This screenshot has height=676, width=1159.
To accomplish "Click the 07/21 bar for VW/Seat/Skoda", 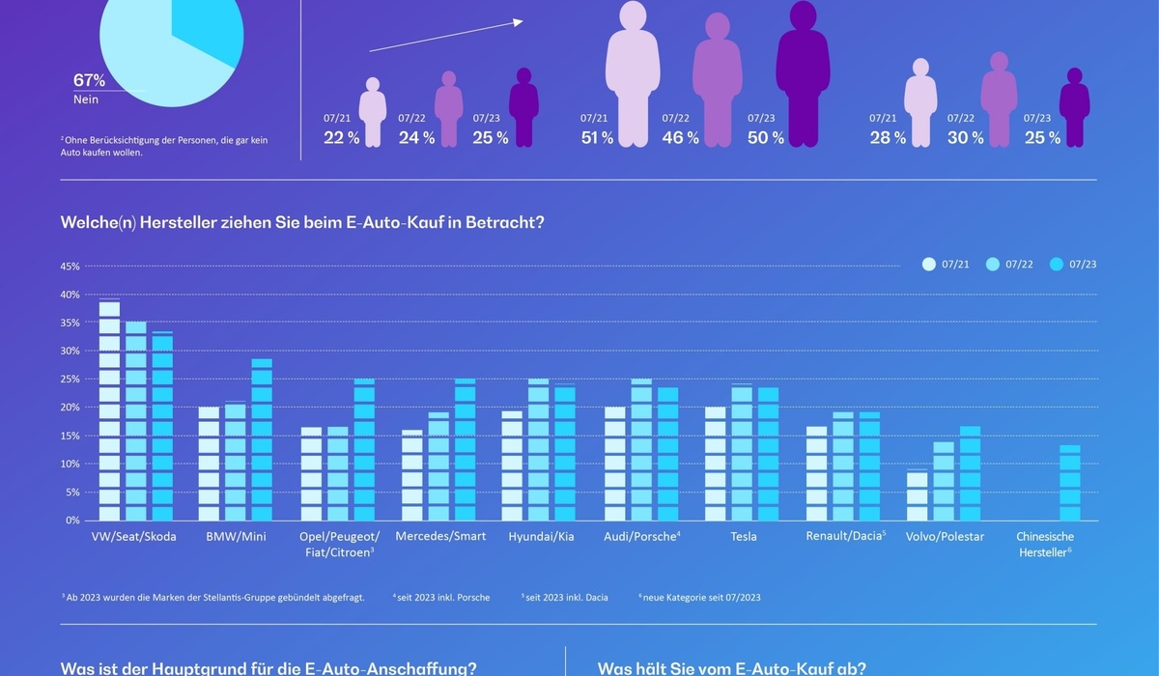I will point(109,410).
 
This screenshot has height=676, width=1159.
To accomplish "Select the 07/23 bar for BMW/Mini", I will point(262,439).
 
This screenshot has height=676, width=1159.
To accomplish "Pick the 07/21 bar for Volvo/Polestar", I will point(918,495).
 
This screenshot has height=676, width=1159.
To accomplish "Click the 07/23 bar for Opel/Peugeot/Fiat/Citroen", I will point(363,450).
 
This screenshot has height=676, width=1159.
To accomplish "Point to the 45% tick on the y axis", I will point(71,266).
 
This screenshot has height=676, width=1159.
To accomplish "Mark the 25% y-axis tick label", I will point(71,379).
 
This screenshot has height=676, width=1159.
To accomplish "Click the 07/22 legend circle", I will point(992,265).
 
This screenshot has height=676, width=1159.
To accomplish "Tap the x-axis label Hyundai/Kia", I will point(541,536).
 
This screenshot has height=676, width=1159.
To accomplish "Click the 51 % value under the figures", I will point(597,138).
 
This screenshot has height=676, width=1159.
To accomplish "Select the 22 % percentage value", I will point(342,138).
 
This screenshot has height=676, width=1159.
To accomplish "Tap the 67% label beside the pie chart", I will point(89,81).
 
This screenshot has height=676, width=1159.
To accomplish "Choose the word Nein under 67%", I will point(86,99).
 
